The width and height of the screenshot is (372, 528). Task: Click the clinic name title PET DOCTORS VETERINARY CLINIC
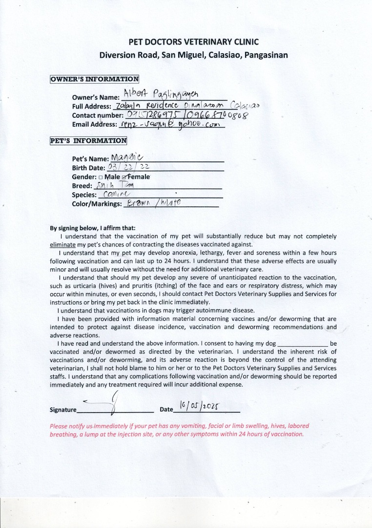point(193,42)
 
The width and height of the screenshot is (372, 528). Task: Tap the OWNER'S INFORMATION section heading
point(95,79)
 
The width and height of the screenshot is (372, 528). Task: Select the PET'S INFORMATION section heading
point(88,141)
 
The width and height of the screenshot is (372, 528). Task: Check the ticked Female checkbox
point(124,176)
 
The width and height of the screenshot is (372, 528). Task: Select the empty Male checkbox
point(101,176)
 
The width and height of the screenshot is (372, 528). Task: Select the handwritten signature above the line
point(105,403)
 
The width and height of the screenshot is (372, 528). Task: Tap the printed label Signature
point(63,410)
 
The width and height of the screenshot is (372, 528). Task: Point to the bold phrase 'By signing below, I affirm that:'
point(93,228)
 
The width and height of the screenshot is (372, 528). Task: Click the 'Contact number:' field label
point(98,115)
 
